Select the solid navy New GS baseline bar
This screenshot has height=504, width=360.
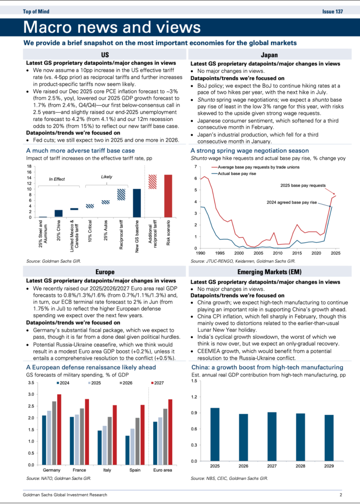point(137,203)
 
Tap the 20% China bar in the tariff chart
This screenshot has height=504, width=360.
point(58,213)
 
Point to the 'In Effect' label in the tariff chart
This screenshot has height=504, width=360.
point(57,179)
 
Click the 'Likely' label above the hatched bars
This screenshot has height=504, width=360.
point(107,177)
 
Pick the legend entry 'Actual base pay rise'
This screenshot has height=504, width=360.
point(237,174)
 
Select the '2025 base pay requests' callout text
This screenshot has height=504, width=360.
point(303,185)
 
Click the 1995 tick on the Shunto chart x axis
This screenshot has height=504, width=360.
point(220,253)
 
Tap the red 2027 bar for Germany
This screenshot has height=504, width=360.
point(59,429)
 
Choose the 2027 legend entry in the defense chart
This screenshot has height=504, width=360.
point(157,383)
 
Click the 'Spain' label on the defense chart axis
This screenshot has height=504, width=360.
point(135,470)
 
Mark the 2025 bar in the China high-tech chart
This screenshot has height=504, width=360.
point(215,434)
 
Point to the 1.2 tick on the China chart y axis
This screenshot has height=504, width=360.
point(194,397)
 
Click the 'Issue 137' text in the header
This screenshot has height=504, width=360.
point(332,12)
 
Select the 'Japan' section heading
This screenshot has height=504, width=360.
point(269,55)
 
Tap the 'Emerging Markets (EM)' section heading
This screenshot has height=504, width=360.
point(269,272)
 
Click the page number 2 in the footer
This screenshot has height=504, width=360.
point(341,495)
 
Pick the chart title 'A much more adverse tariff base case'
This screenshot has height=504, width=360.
point(80,150)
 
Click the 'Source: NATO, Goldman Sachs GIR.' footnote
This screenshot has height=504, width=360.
point(59,478)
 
